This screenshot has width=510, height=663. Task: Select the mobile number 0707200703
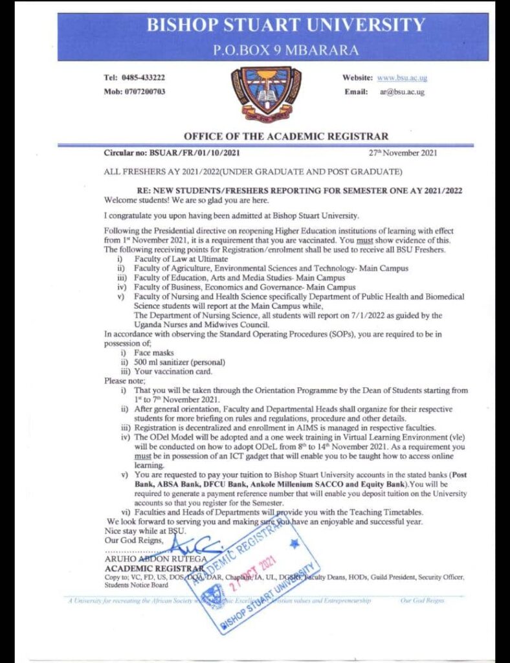tap(144, 92)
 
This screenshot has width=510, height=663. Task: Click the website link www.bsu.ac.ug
tap(402, 78)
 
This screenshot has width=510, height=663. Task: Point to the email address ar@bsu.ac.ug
tap(402, 93)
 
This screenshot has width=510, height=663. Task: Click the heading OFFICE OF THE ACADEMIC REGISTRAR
tap(286, 137)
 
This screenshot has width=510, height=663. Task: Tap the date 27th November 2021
tap(403, 153)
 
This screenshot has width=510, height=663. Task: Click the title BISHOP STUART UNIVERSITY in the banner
tap(285, 26)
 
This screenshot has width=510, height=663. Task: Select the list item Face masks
tap(151, 354)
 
